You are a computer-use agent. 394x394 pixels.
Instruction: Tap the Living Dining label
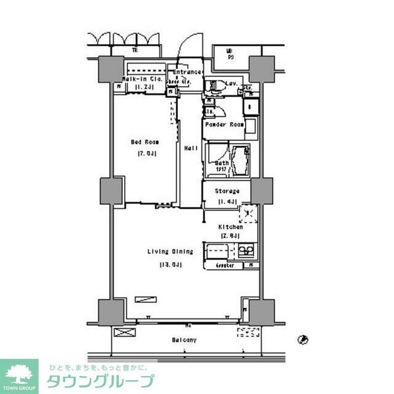tap(169, 252)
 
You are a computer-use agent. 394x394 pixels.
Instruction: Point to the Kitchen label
tap(230, 227)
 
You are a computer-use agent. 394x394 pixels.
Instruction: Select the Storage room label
tap(227, 192)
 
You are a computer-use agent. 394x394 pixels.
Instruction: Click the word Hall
tap(191, 148)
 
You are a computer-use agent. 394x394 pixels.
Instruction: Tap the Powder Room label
tap(224, 125)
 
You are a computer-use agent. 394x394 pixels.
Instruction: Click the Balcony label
tap(185, 339)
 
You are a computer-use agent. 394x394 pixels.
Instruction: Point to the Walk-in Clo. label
tap(139, 78)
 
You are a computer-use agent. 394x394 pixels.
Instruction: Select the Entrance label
tap(186, 72)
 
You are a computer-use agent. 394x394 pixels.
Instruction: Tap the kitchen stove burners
tap(246, 250)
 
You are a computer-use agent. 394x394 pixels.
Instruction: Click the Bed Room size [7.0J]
tap(145, 154)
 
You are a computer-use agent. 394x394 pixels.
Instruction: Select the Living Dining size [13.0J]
tap(169, 264)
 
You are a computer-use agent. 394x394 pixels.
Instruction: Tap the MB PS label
tap(229, 53)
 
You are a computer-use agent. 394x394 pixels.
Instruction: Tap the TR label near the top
tap(135, 50)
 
